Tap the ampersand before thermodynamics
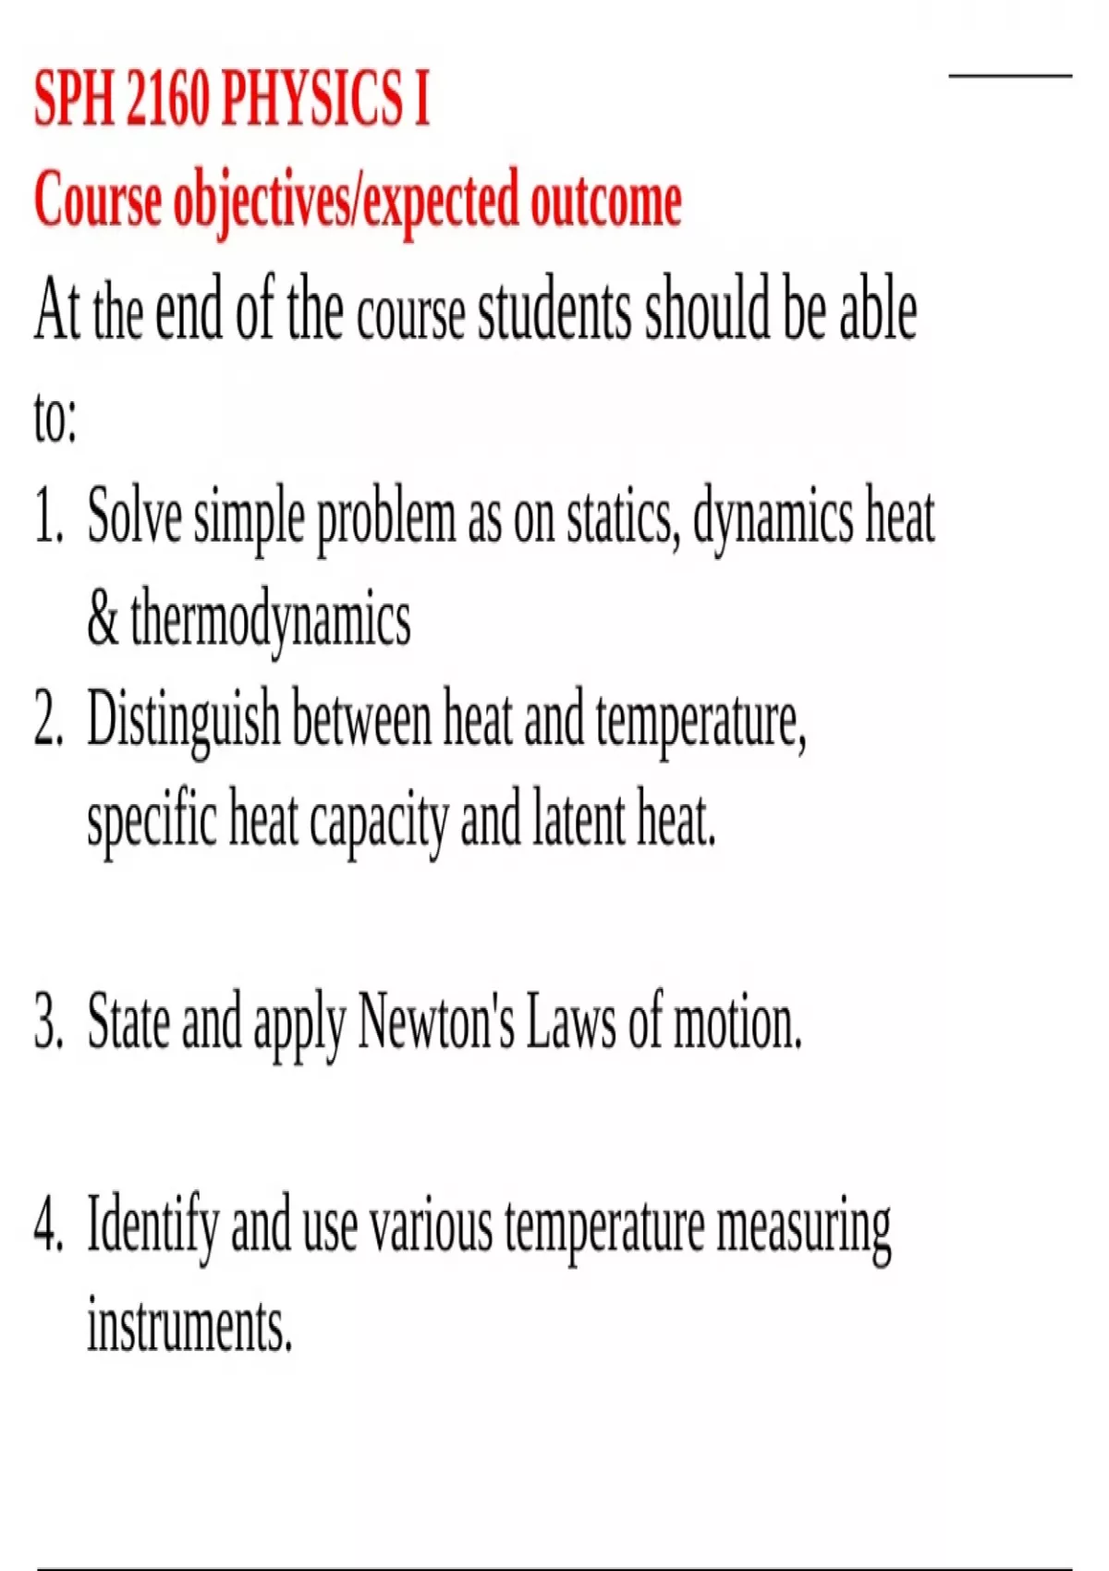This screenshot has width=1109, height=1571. coord(103,617)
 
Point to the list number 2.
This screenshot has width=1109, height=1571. coord(48,719)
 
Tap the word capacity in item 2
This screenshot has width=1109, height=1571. coord(378,821)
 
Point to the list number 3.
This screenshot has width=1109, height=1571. coord(48,1022)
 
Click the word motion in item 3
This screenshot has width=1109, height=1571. coord(737,1024)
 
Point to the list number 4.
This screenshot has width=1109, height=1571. coord(48,1225)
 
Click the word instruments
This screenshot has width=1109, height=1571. coord(189,1325)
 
